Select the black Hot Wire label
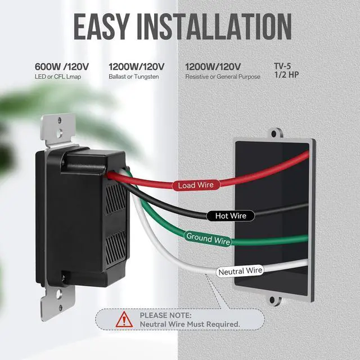[231, 215]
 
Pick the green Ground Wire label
[208, 238]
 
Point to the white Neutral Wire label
[240, 271]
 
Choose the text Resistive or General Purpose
[223, 76]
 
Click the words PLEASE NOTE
[166, 316]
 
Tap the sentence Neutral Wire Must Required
[190, 325]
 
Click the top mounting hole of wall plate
[274, 134]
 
